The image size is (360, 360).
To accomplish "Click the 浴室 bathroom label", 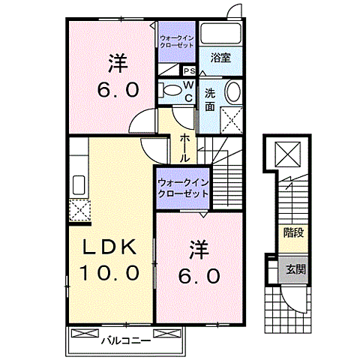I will [220, 58].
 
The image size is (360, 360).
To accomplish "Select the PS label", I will [187, 72].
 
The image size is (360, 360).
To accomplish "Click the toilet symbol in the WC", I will [173, 91].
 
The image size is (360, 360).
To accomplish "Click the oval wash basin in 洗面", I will [233, 93].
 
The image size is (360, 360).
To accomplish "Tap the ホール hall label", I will [184, 148].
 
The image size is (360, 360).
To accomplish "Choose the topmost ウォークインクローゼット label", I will [176, 40].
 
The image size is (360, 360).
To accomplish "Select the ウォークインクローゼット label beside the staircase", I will [182, 188].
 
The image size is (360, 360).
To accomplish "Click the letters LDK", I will [108, 247].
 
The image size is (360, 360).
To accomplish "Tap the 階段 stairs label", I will [293, 232].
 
